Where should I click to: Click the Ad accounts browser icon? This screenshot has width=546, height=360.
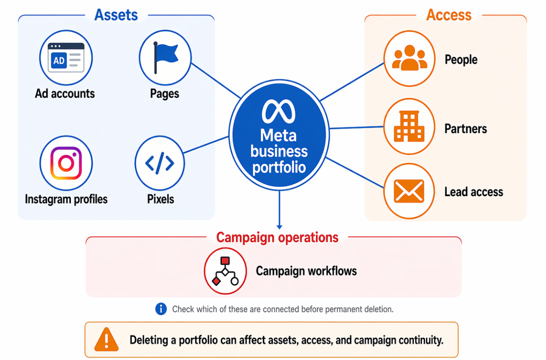[x=66, y=58]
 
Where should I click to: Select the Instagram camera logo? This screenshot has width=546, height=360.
[x=66, y=163]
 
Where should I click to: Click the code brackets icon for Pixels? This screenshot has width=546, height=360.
[x=160, y=164]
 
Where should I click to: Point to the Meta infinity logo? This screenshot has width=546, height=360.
[x=278, y=112]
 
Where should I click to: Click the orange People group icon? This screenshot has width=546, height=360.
[x=409, y=58]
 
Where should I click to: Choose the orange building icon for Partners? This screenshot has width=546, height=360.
[x=409, y=126]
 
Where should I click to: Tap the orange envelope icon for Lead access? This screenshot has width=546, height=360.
[x=409, y=191]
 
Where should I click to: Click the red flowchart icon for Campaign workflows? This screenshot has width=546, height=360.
[x=225, y=271]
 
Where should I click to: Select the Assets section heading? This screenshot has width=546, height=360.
[x=116, y=15]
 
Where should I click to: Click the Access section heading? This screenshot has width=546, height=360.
[x=448, y=15]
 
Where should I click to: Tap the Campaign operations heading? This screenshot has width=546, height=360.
[x=277, y=237]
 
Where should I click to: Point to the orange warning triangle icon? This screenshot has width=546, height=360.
[x=107, y=340]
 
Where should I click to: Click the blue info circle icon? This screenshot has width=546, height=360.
[x=161, y=309]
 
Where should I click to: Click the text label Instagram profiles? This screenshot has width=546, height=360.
[x=66, y=199]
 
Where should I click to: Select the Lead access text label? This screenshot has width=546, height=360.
[x=473, y=191]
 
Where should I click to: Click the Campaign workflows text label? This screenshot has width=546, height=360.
[x=306, y=271]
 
